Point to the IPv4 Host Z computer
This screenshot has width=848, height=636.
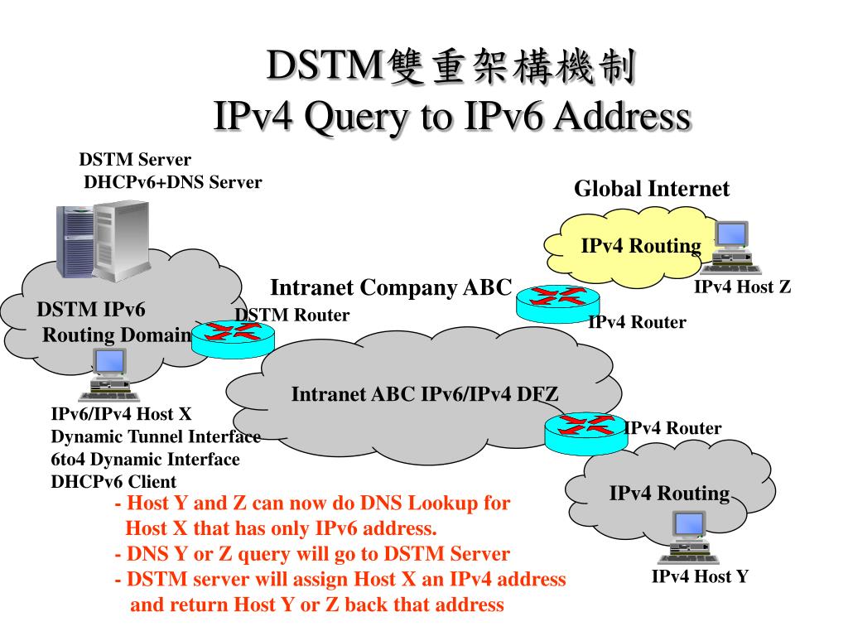[730, 246]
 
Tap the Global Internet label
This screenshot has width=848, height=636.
[652, 189]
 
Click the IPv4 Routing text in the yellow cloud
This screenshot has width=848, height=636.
[641, 246]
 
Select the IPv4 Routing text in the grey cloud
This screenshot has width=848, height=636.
[669, 494]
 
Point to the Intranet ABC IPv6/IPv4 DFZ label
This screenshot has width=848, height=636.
[425, 394]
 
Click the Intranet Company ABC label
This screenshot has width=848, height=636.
[392, 288]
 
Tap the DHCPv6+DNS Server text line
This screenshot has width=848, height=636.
[173, 182]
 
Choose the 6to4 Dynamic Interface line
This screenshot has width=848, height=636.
[146, 459]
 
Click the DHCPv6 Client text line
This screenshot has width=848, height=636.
[113, 481]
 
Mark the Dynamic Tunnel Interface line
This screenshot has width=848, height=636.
[156, 436]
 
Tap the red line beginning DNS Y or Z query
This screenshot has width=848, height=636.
[312, 554]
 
